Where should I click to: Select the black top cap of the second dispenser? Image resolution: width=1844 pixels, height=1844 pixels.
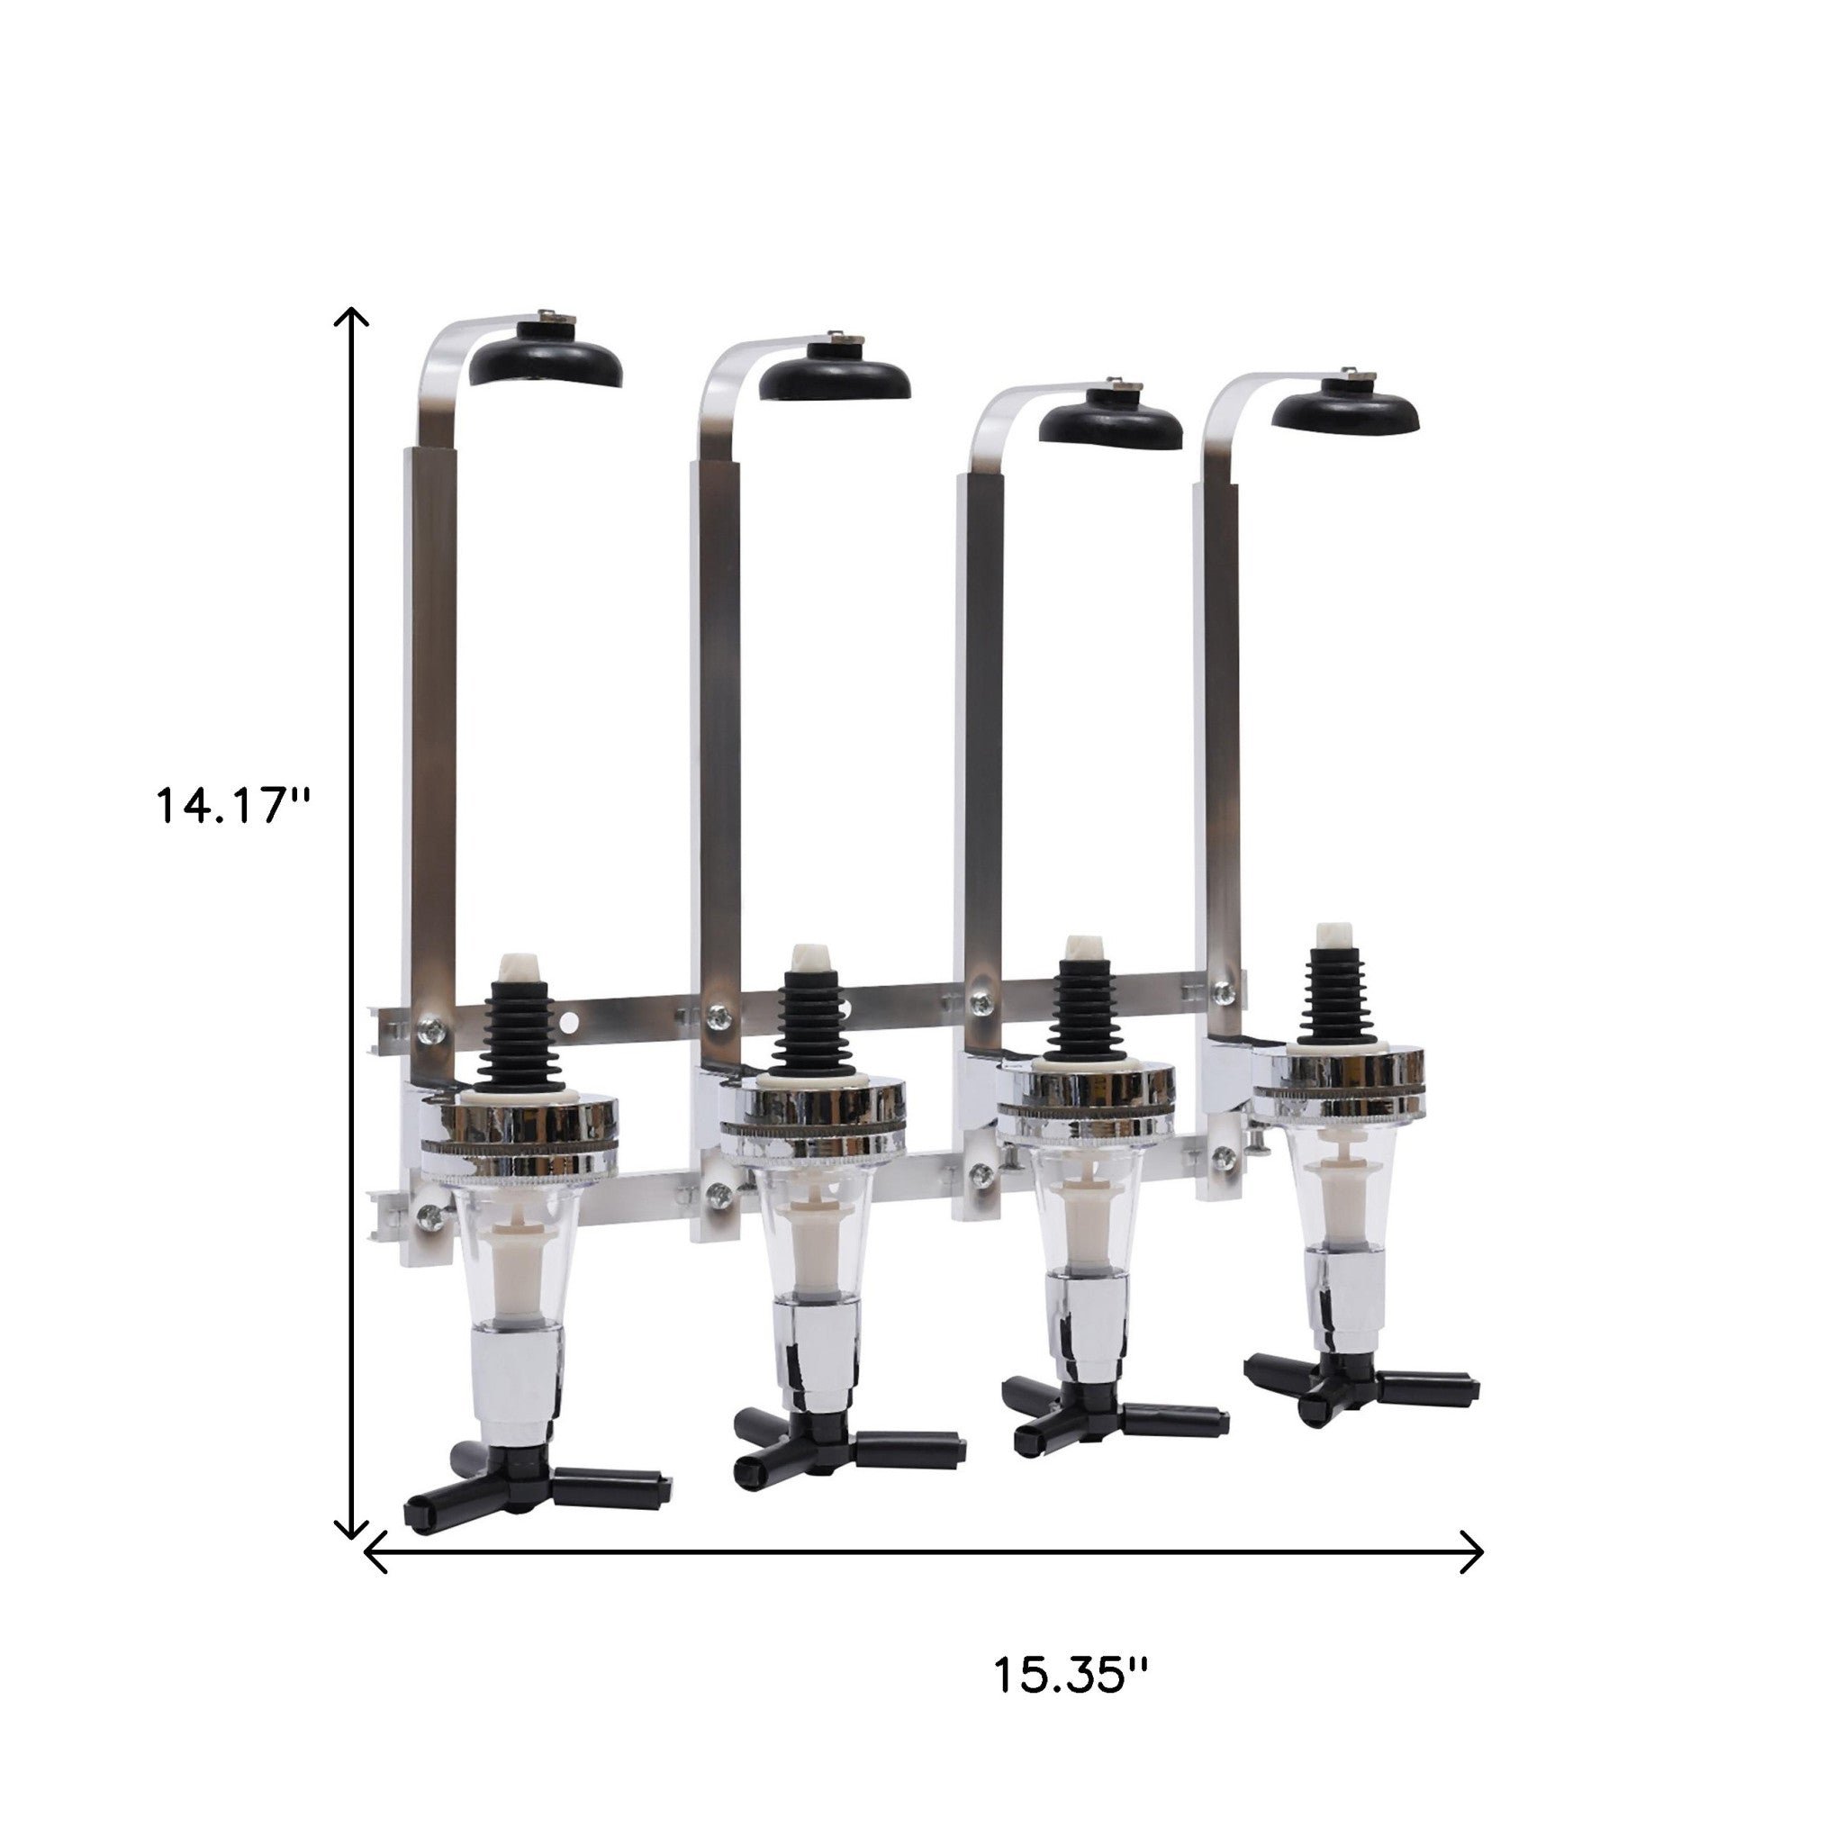pos(834,379)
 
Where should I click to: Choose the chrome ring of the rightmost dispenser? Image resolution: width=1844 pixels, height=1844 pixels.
pos(1338,1080)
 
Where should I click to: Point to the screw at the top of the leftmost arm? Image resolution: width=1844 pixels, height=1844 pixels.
pos(549,316)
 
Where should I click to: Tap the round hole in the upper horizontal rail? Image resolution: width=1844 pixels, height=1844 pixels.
pos(570,1023)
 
